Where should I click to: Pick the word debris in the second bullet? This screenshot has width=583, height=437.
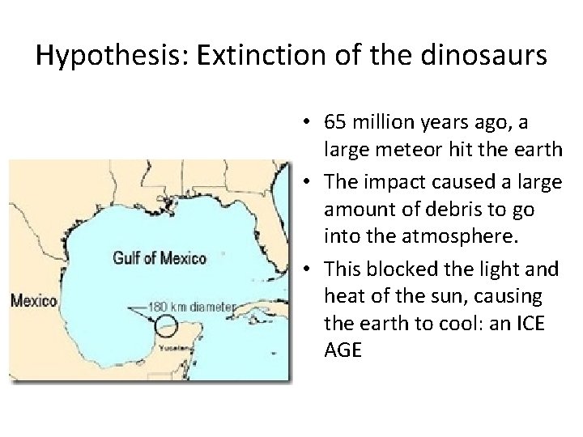[445, 210]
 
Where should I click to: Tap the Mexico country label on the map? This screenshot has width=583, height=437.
[33, 301]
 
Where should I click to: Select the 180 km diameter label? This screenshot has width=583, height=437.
[190, 308]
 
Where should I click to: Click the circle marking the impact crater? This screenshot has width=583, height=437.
[165, 326]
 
